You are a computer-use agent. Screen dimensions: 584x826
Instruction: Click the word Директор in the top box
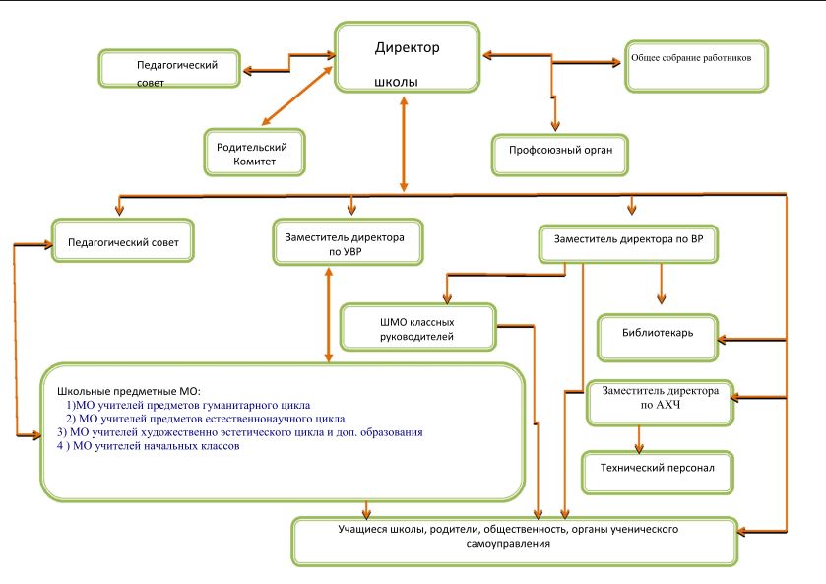408,47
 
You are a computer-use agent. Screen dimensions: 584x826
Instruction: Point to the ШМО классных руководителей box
417,328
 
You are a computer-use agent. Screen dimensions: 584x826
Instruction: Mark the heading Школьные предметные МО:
129,391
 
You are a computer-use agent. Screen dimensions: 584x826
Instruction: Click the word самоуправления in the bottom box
516,543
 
